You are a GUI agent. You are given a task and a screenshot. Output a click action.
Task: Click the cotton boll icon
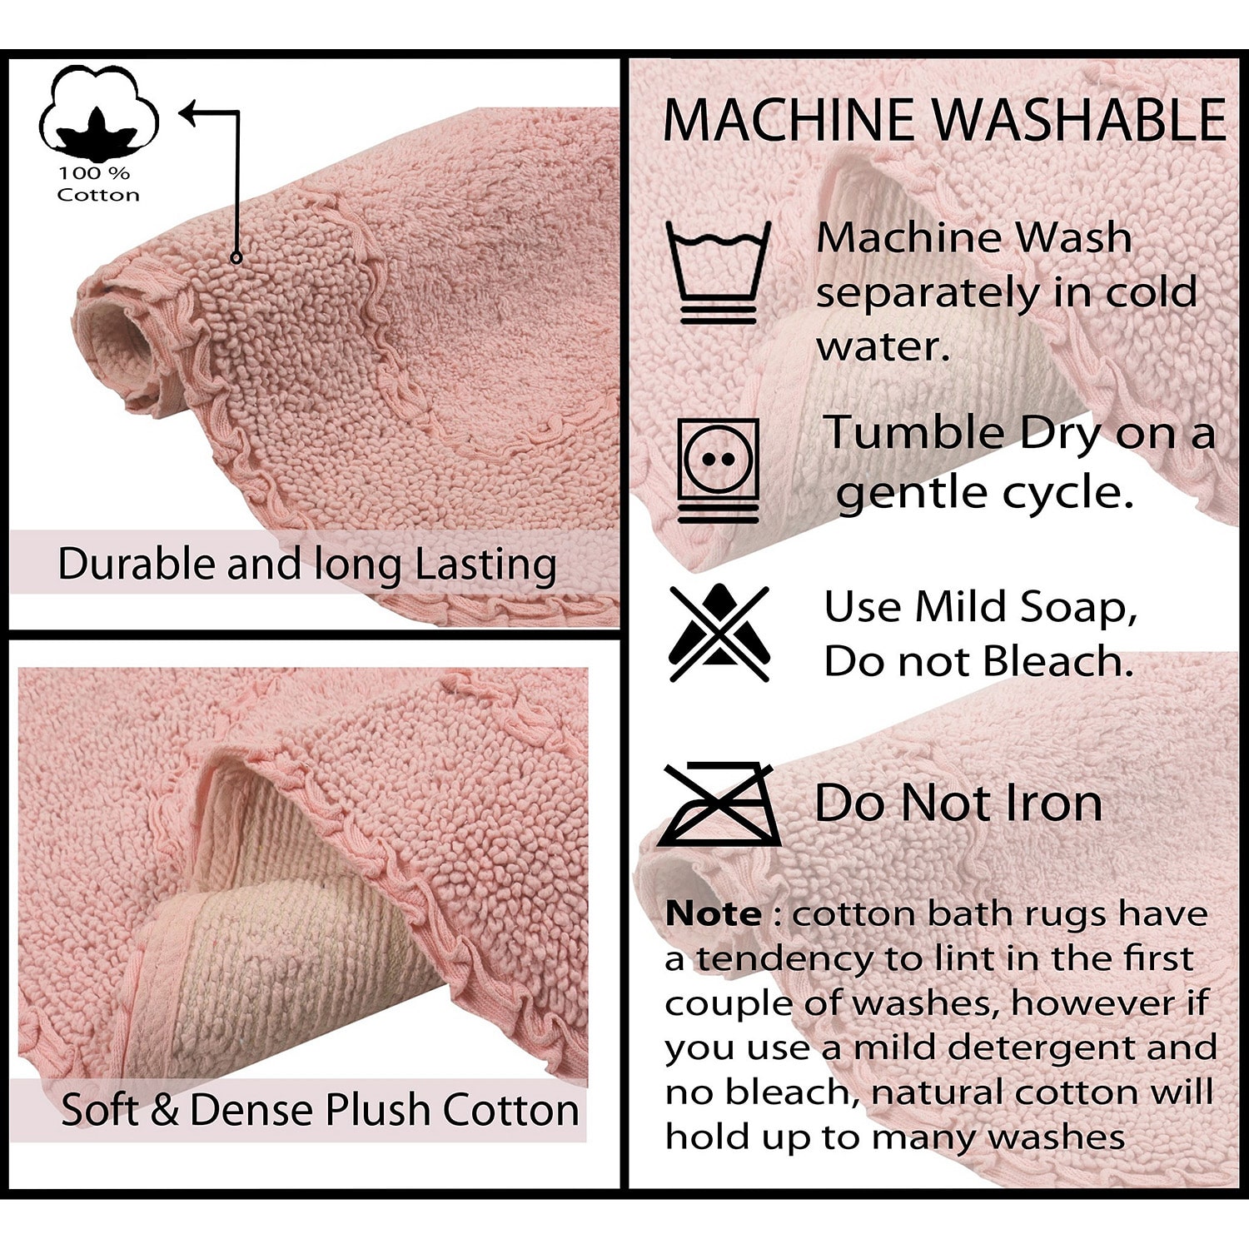click(98, 112)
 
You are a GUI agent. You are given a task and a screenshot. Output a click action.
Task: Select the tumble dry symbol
click(718, 470)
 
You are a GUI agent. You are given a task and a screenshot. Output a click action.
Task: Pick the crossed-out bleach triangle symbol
click(719, 633)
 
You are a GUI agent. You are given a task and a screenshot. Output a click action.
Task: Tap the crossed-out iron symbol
click(719, 804)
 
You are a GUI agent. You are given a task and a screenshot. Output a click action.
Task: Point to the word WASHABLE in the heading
click(1078, 120)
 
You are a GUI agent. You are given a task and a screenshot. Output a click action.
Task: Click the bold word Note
click(713, 914)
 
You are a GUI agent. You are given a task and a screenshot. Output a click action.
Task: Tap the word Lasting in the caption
click(485, 564)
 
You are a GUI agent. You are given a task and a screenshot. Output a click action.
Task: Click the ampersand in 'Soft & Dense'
click(164, 1110)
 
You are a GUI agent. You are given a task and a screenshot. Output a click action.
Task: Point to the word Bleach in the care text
click(1057, 661)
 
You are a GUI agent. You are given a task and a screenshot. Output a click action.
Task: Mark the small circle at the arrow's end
click(236, 257)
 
